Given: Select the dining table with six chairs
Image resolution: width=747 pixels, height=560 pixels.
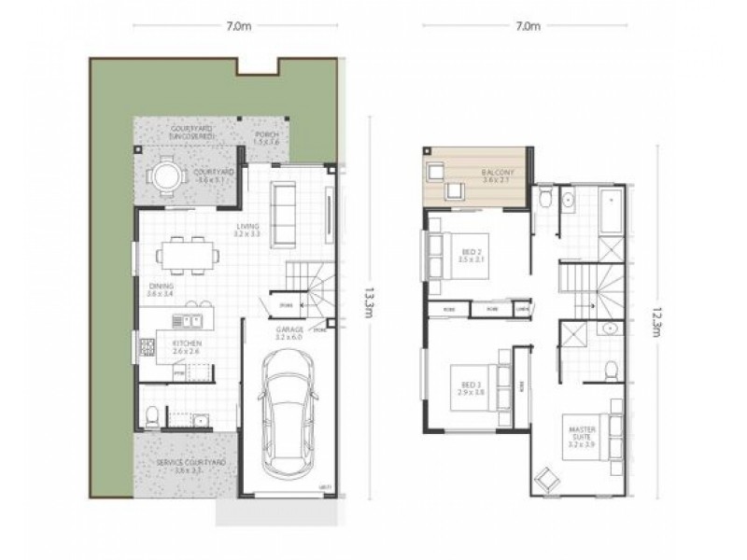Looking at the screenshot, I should click(180, 252).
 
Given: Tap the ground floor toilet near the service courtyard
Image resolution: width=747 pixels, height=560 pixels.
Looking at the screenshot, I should click(153, 414).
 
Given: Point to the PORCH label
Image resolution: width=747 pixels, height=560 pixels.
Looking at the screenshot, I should click(267, 136).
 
